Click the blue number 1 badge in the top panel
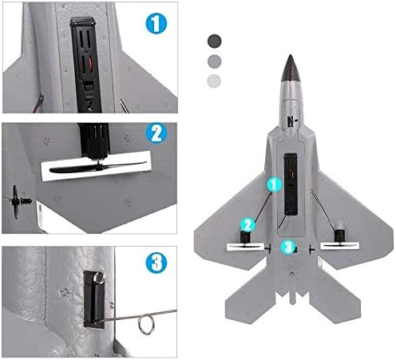pyautogui.click(x=156, y=23)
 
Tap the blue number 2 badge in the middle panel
pyautogui.click(x=156, y=133)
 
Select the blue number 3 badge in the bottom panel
pyautogui.click(x=156, y=263)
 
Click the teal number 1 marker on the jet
pyautogui.click(x=274, y=184)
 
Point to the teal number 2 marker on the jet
pyautogui.click(x=247, y=225)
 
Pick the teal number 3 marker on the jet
pyautogui.click(x=288, y=247)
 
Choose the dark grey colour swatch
pyautogui.click(x=214, y=41)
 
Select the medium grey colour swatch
pyautogui.click(x=214, y=61)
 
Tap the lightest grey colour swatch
pyautogui.click(x=214, y=81)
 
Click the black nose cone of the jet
pyautogui.click(x=291, y=69)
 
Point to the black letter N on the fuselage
pyautogui.click(x=291, y=121)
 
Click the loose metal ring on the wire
pyautogui.click(x=146, y=324)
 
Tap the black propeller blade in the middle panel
pyautogui.click(x=97, y=167)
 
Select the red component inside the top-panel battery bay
pyautogui.click(x=91, y=64)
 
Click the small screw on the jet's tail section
pyautogui.click(x=292, y=273)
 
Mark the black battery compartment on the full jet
pyautogui.click(x=291, y=184)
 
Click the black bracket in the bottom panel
pyautogui.click(x=93, y=299)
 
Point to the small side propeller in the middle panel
pyautogui.click(x=16, y=202)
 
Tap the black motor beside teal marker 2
pyautogui.click(x=246, y=236)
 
